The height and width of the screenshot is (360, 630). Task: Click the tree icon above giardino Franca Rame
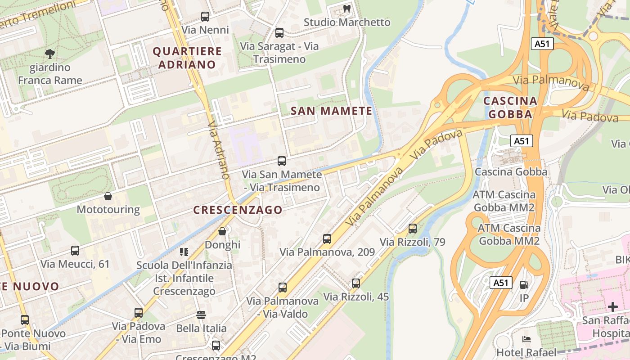pos(50,54)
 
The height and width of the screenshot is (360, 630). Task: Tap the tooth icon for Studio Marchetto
pos(346,9)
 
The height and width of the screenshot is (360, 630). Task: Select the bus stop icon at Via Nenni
pos(205,17)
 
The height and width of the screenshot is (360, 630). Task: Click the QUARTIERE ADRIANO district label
pos(187,58)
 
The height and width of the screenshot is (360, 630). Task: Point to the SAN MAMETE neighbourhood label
pos(332,111)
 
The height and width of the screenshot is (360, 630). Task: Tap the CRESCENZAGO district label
pos(238,210)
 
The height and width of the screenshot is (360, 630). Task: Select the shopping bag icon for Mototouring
pos(108,196)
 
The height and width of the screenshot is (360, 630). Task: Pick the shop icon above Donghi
pos(222,231)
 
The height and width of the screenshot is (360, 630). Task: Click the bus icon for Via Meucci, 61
pos(75,251)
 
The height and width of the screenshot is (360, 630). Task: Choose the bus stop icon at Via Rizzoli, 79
pos(413,229)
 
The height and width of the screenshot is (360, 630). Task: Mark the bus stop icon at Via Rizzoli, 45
pos(356,283)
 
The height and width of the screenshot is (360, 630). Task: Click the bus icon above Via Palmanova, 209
pos(327,239)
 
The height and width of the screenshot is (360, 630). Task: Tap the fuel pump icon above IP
pos(524,285)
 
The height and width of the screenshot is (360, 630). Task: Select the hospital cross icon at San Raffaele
pos(613,307)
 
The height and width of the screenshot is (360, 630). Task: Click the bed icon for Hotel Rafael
pos(526,339)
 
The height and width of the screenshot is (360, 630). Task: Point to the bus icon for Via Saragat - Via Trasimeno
pos(279,33)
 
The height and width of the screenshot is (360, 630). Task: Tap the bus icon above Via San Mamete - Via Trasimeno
pos(282,161)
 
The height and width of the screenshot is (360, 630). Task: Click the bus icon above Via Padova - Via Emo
pos(139,312)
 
